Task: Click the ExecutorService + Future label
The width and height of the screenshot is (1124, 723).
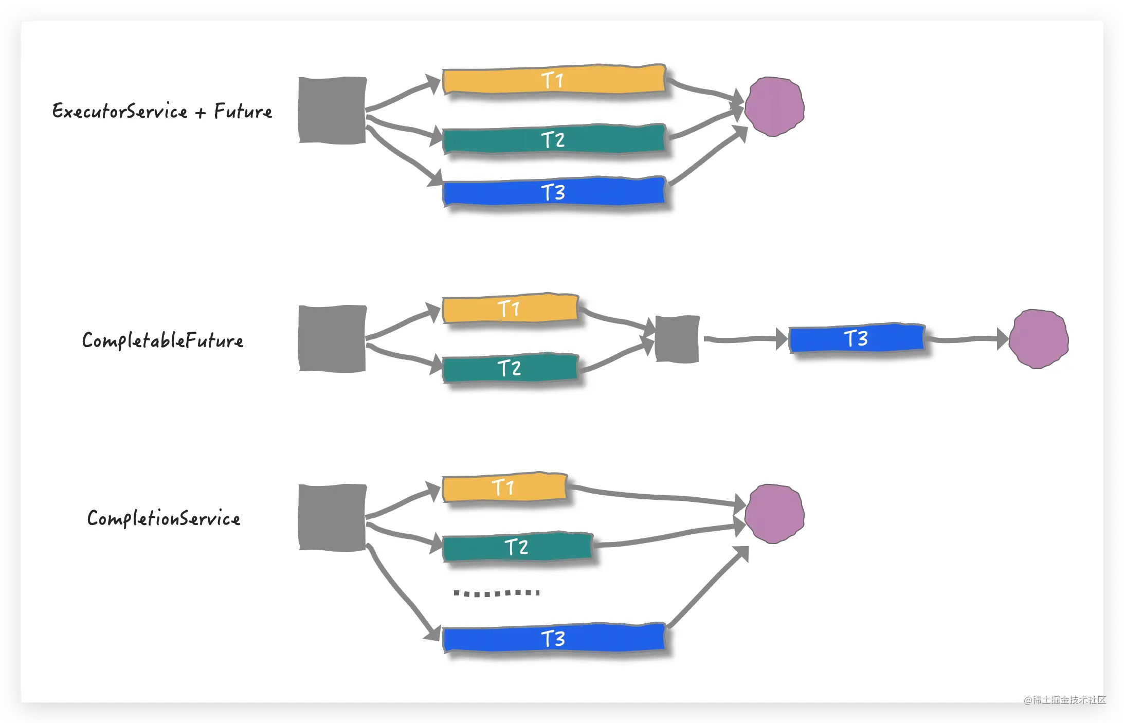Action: coord(162,111)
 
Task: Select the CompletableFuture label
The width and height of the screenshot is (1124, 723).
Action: coord(162,340)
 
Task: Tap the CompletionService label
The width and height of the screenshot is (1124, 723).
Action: coord(164,518)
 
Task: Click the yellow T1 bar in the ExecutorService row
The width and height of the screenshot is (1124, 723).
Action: coord(554,80)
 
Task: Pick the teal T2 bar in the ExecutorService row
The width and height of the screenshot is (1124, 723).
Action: coord(554,139)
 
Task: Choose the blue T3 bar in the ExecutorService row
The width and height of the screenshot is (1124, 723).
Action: coord(554,192)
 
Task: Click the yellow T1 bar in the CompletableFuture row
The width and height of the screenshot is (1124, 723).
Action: coord(510,309)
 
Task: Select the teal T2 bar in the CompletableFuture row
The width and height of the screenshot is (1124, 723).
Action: coord(510,368)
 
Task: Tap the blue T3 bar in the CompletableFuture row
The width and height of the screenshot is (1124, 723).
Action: coord(857,338)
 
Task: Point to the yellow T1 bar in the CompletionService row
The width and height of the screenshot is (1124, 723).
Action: coord(504,487)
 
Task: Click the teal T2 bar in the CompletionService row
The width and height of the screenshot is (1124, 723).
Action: coord(517,547)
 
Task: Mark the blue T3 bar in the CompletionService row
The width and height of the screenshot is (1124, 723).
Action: coord(554,638)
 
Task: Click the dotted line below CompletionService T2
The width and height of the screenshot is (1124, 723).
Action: coord(497,593)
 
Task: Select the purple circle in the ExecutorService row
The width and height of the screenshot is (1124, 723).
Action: coord(774,106)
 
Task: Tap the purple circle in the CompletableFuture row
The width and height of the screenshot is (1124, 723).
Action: coord(1039,339)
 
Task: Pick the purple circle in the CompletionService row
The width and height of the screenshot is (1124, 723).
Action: coord(774,514)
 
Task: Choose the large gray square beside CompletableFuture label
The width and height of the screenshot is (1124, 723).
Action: coord(332,338)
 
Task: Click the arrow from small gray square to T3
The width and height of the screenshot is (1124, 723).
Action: coord(746,339)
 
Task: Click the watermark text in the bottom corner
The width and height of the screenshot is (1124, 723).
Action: coord(1065,699)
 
